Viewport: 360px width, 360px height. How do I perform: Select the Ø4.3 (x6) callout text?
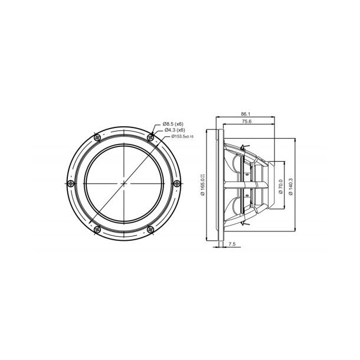click(x=174, y=130)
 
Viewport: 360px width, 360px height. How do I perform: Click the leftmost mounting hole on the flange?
click(x=70, y=184)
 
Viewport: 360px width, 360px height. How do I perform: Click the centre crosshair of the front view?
click(x=125, y=184)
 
